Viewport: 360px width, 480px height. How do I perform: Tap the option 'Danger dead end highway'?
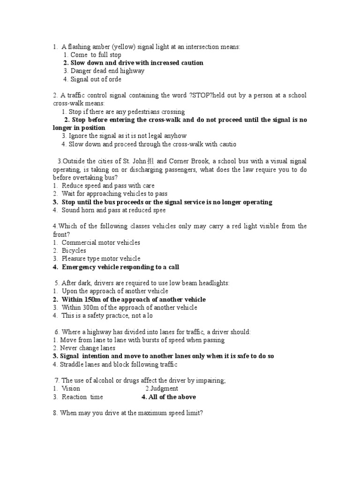click(107, 71)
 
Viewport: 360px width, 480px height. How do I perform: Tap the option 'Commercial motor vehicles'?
click(101, 243)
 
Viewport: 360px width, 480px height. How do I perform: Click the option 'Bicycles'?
click(74, 251)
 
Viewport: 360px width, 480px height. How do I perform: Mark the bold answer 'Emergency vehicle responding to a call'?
click(120, 267)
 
